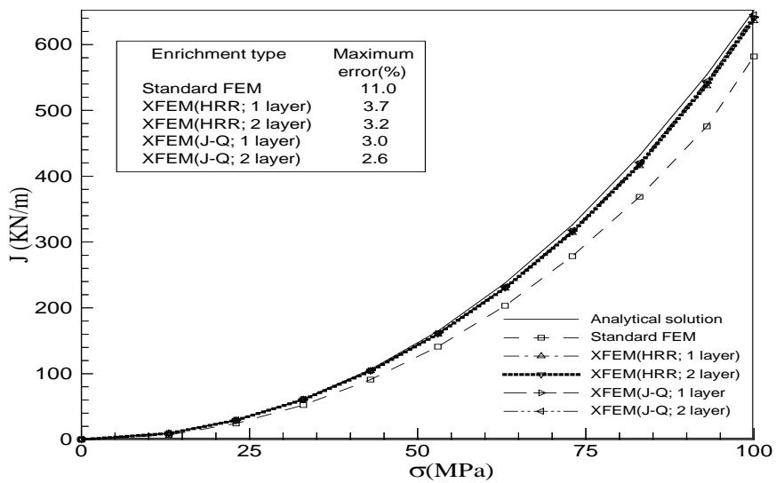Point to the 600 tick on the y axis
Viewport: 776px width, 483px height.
coord(57,44)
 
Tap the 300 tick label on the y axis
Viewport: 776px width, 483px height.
coord(57,241)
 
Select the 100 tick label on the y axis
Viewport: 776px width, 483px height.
coord(57,373)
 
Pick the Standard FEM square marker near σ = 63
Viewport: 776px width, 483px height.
coord(505,305)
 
